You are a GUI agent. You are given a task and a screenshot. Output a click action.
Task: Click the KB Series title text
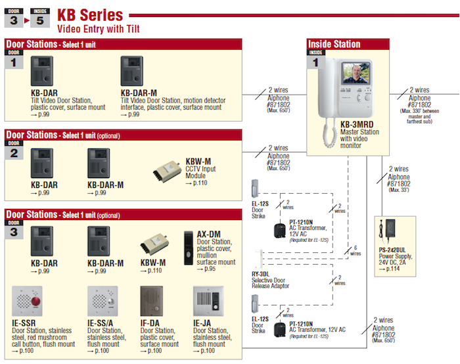(91, 14)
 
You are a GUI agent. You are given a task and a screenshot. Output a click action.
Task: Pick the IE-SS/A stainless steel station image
(102, 302)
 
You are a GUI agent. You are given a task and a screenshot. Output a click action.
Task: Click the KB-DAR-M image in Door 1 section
(135, 72)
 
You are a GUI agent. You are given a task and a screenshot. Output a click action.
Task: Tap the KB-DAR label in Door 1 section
(43, 93)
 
